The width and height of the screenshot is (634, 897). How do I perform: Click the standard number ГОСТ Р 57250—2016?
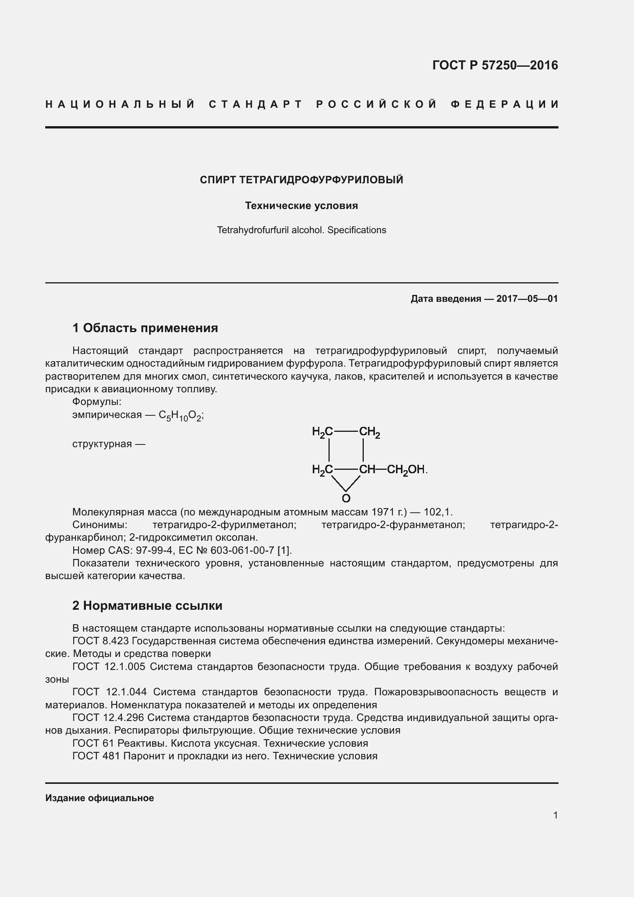[x=494, y=65]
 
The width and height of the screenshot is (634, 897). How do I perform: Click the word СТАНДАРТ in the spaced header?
[x=256, y=104]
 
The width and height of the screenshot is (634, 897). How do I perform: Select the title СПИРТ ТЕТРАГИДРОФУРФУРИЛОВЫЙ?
[x=301, y=180]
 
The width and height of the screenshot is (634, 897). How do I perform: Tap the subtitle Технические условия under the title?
[x=301, y=206]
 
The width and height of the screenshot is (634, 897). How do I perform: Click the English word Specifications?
[x=356, y=230]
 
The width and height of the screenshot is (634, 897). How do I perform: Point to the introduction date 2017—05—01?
[x=527, y=299]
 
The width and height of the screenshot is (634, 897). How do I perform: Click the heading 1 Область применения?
[x=145, y=328]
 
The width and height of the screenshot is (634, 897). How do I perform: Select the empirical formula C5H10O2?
[x=181, y=415]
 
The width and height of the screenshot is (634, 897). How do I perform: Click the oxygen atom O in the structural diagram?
[x=346, y=498]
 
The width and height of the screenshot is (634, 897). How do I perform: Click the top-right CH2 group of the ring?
[x=369, y=432]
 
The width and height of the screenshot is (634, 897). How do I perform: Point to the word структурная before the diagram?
[x=102, y=444]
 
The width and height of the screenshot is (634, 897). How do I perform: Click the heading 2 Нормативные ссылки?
[x=147, y=606]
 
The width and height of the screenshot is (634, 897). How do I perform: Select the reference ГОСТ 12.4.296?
[x=108, y=718]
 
